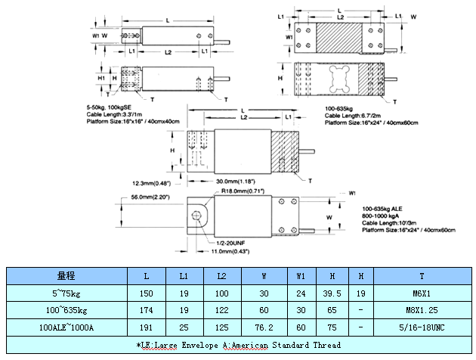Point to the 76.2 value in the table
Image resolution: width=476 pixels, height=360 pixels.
click(264, 327)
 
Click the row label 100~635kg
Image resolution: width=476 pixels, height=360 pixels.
click(66, 309)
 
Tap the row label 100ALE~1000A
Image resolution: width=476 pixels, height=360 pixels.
click(66, 327)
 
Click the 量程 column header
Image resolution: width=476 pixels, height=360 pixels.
click(66, 275)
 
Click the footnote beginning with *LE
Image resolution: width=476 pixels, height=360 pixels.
click(239, 344)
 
